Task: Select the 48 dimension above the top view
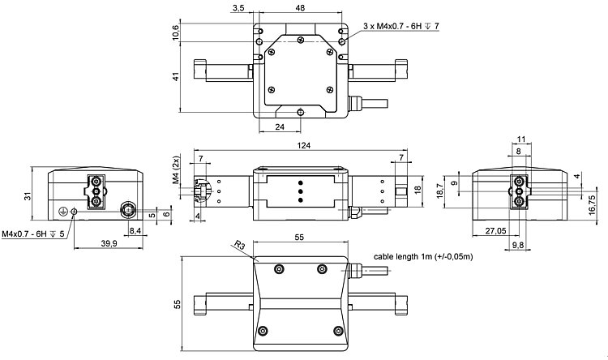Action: [300, 7]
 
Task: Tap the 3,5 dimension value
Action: [238, 7]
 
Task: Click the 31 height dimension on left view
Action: [27, 196]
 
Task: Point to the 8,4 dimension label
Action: [135, 231]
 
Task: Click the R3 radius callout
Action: [238, 243]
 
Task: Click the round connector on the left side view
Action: [129, 210]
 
